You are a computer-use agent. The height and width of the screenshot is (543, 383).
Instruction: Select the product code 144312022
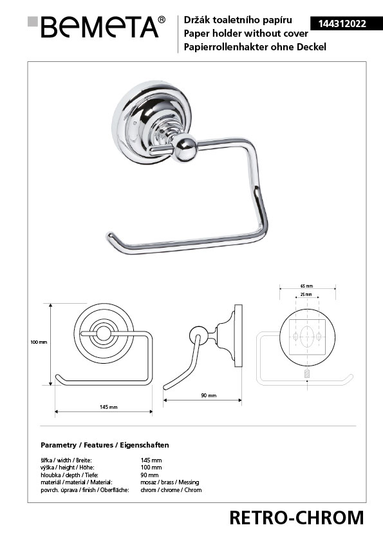click(342, 24)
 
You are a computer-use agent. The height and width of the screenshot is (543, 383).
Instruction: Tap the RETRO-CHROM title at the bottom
click(297, 518)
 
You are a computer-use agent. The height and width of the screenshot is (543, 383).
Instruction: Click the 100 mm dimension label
click(39, 342)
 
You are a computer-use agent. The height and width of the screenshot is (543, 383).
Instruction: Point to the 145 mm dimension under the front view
click(109, 407)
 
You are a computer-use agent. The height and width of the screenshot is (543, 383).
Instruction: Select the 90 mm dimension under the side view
click(209, 395)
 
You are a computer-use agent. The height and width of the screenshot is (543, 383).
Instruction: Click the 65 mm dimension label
click(306, 286)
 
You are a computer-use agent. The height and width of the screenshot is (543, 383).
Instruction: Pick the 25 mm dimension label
click(306, 294)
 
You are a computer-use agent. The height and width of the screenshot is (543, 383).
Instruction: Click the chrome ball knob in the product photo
click(185, 148)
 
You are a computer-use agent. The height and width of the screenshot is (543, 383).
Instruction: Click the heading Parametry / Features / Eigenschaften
click(105, 445)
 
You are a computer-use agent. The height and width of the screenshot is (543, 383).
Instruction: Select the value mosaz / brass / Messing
click(170, 482)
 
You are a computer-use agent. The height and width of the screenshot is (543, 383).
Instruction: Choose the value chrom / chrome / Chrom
click(171, 490)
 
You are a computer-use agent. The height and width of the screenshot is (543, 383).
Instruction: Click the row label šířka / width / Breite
click(66, 460)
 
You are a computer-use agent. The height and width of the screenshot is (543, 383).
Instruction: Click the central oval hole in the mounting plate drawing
click(307, 337)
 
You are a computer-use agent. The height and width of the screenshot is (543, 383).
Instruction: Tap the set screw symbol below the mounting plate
click(307, 374)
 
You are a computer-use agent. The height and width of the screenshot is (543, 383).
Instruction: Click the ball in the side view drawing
click(198, 335)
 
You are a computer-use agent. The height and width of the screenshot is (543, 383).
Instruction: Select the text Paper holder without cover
click(246, 34)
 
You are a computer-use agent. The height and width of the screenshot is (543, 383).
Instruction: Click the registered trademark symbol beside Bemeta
click(162, 20)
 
